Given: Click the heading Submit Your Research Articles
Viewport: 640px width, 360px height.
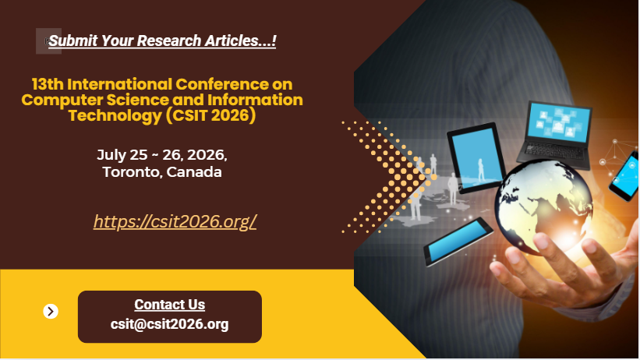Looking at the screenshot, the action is (162, 41).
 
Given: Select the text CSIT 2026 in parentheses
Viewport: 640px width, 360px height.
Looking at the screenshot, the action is (210, 115).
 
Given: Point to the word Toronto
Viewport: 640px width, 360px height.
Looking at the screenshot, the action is (133, 172).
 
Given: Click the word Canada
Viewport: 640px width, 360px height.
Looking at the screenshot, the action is (194, 172).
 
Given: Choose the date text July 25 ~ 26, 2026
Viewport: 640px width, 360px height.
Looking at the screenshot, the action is (162, 155).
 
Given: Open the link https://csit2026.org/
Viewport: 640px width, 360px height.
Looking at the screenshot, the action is (175, 221).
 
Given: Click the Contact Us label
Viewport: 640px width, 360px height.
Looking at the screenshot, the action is (170, 305).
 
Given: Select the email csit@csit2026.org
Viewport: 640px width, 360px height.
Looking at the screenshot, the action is (169, 324).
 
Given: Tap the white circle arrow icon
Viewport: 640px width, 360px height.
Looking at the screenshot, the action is (51, 312).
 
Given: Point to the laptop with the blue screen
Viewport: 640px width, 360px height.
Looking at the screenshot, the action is (556, 135).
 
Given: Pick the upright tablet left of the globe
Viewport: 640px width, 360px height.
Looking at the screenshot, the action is (476, 158).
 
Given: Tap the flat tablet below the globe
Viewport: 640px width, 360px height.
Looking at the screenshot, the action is (458, 242).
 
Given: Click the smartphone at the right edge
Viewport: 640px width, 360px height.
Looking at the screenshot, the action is (625, 176).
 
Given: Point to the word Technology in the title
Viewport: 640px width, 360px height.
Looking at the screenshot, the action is (115, 115).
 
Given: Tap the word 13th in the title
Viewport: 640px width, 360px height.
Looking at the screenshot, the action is (48, 84).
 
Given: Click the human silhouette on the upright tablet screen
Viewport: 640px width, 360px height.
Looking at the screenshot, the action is (481, 169).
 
